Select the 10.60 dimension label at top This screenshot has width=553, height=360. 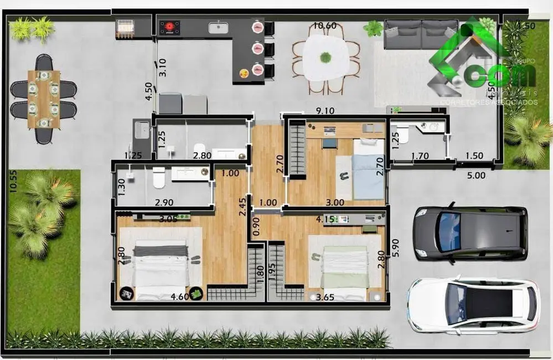point(324,25)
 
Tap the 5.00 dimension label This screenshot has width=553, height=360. point(476,176)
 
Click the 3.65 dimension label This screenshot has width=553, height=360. point(325,298)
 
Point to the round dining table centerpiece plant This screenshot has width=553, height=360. point(325,56)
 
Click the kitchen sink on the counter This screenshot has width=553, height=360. point(222,27)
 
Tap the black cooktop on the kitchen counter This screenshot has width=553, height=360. point(170,27)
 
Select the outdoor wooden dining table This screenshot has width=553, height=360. point(44,98)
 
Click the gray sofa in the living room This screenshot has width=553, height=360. point(421,34)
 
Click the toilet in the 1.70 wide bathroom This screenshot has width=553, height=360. point(403,134)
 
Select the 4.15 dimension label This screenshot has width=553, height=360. point(324,220)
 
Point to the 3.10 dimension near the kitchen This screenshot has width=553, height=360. point(163,67)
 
